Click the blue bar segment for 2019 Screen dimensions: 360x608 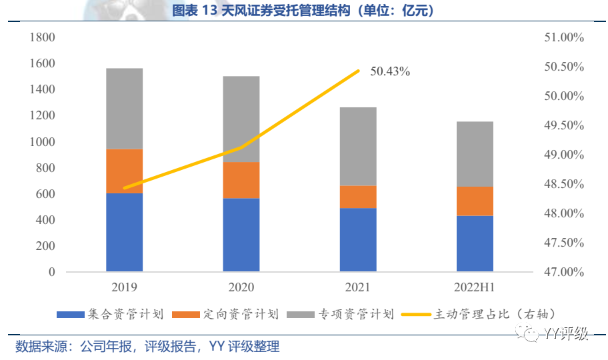[x=125, y=232]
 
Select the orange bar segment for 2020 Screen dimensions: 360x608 [x=241, y=180]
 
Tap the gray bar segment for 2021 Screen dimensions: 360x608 [x=358, y=146]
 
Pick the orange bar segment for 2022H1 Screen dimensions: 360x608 [x=475, y=201]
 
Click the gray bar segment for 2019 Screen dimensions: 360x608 [x=125, y=108]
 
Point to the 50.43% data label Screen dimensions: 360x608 [x=390, y=71]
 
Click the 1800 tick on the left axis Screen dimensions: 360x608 [x=42, y=37]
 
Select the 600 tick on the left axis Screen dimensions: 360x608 [x=45, y=194]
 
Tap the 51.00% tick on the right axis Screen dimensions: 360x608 [x=564, y=37]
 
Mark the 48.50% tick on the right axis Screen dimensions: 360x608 [x=564, y=184]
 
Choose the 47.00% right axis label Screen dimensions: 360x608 [x=564, y=272]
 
